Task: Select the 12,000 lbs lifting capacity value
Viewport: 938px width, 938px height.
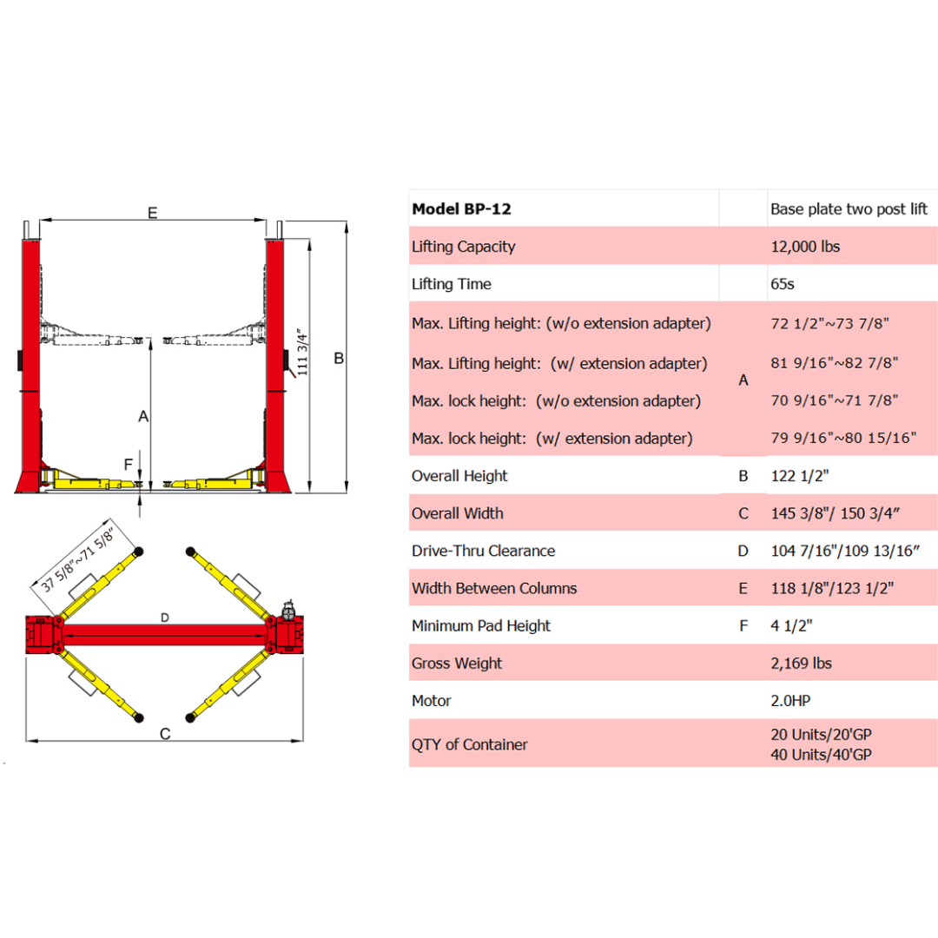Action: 805,247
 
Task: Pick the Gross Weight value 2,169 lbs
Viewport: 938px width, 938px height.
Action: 801,664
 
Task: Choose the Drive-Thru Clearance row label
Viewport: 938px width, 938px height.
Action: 483,551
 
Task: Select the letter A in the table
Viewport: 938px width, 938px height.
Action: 743,380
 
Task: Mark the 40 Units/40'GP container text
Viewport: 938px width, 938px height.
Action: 821,755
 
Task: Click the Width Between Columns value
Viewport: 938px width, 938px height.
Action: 832,588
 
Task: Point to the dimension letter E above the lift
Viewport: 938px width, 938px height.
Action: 153,213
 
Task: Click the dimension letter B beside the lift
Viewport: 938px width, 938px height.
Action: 340,358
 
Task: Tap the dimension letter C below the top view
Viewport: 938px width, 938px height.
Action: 165,734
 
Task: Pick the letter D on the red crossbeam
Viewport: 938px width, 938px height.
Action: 165,618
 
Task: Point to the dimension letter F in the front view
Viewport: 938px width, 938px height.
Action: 128,463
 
